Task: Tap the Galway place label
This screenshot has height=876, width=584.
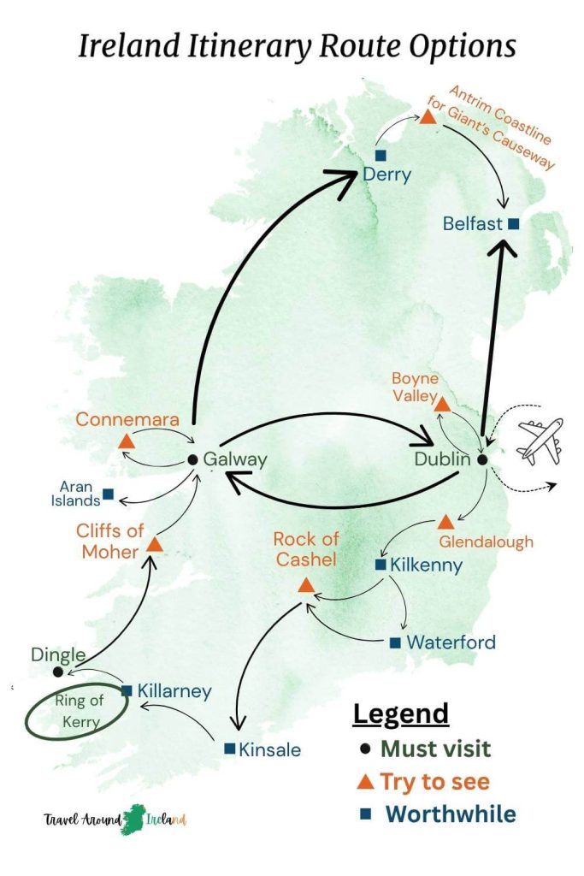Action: (235, 459)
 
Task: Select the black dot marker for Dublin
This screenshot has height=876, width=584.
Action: (482, 459)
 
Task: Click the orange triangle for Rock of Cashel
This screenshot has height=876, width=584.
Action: (306, 586)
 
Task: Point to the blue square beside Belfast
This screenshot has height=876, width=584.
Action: (513, 224)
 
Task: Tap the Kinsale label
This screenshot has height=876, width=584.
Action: (270, 749)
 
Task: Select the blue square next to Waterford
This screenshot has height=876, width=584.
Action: (395, 642)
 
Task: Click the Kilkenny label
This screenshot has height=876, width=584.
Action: (426, 565)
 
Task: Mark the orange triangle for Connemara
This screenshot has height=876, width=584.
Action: (126, 441)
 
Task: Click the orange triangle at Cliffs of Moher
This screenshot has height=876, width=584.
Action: (155, 544)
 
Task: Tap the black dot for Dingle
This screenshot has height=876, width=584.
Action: (57, 672)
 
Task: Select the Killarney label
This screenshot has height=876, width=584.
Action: (174, 690)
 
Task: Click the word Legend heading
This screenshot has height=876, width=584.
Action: (401, 713)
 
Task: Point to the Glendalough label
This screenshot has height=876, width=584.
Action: (486, 541)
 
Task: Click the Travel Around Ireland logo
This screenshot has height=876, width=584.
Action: (115, 820)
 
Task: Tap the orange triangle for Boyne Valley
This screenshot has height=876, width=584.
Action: (443, 404)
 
